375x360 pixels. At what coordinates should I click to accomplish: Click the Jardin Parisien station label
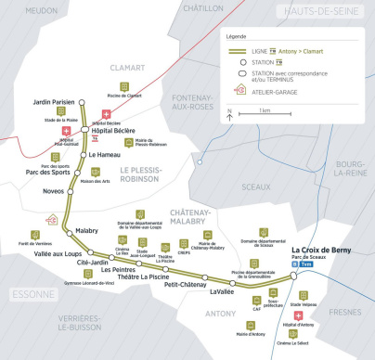click(x=52, y=101)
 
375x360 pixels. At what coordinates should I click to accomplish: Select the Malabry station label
click(x=86, y=229)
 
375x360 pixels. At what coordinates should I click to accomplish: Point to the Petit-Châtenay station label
click(x=184, y=285)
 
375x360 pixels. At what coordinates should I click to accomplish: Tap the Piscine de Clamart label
click(x=124, y=96)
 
